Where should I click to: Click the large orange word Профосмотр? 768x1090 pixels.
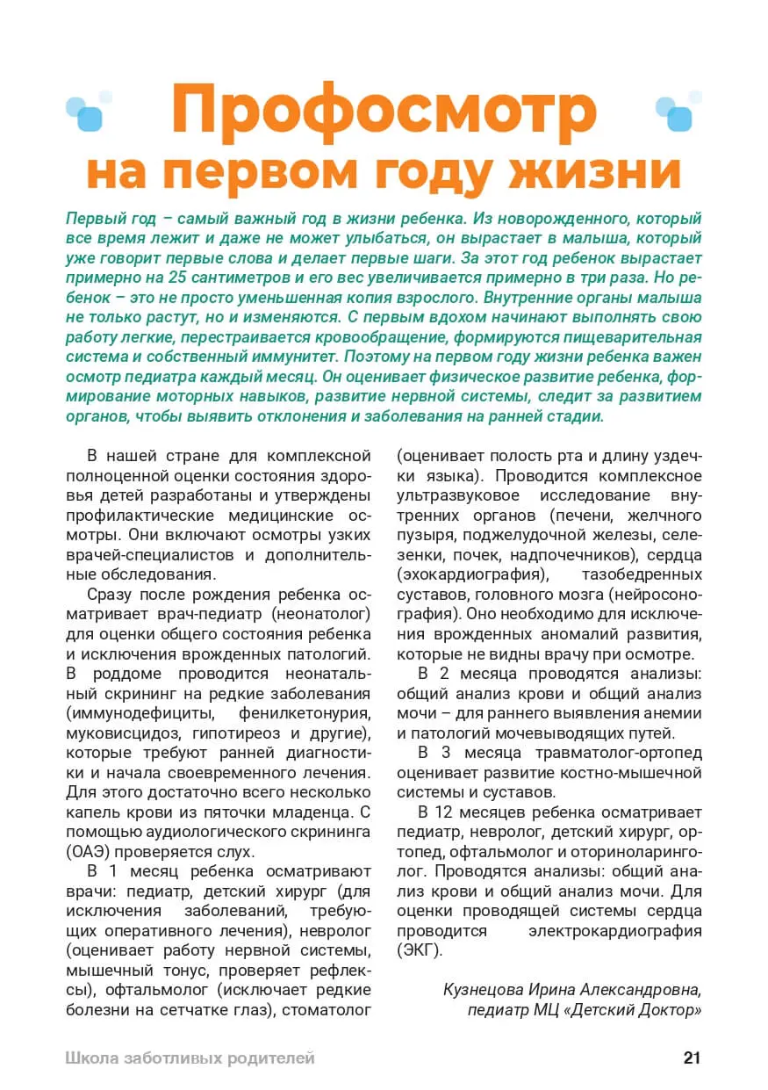384,110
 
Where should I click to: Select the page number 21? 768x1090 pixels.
692,1058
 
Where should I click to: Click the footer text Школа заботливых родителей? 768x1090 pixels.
190,1058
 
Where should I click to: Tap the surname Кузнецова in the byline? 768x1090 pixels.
485,989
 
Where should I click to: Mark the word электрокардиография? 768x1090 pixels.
614,930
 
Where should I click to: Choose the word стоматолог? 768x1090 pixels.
329,1010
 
